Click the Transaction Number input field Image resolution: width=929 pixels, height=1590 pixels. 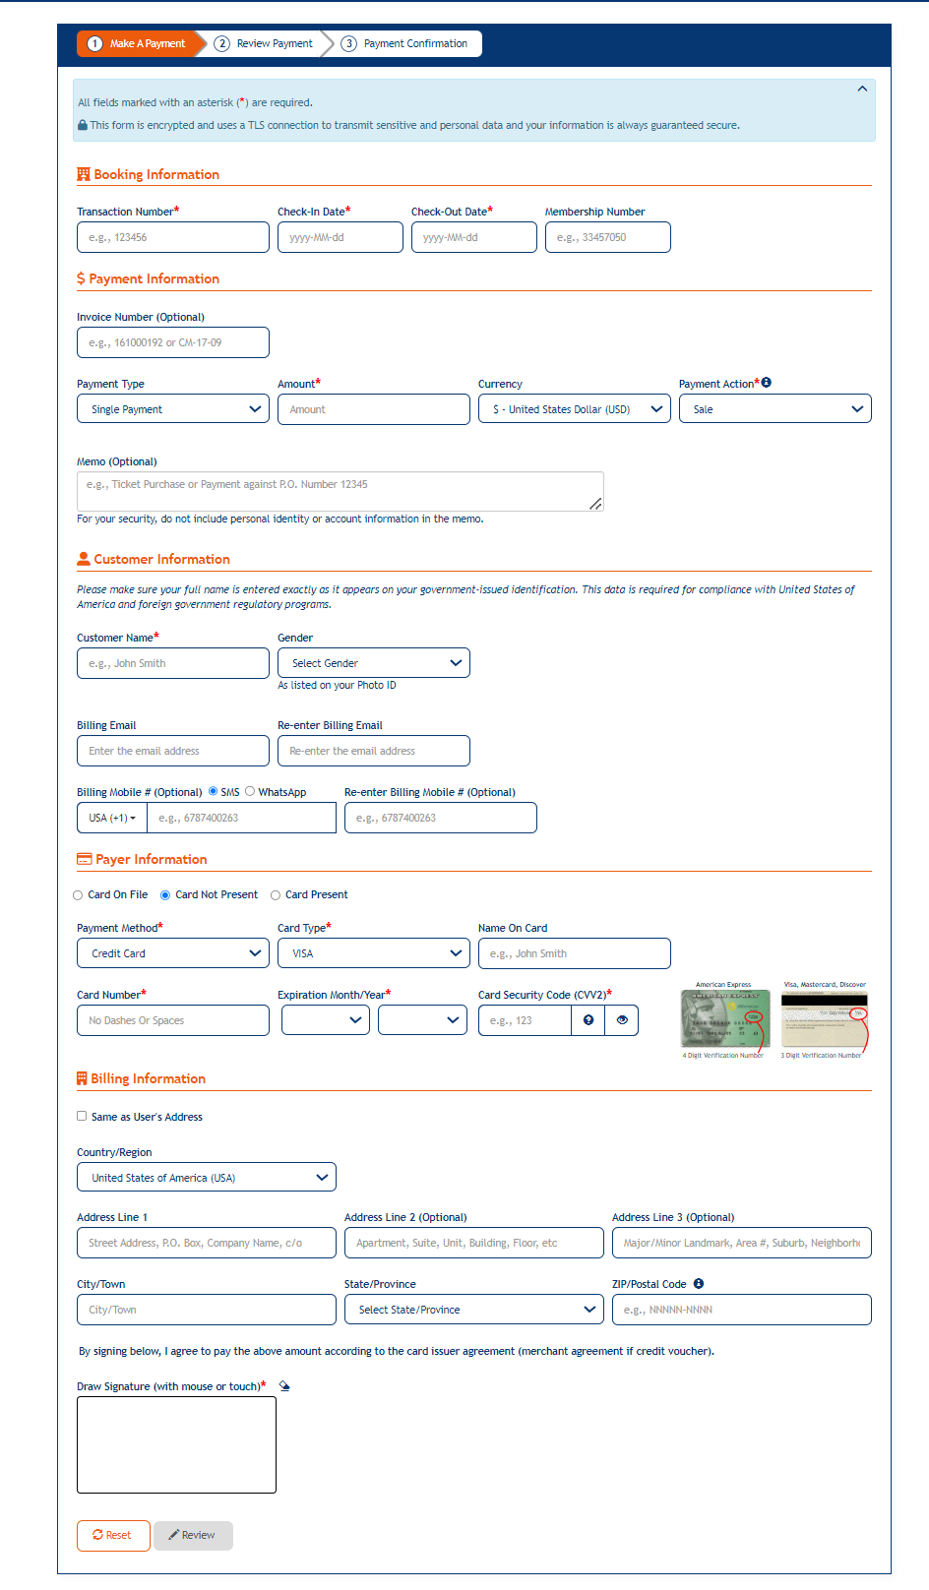[x=172, y=237]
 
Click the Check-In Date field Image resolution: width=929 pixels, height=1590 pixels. [x=340, y=237]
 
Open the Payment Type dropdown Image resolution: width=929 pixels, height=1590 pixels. [x=172, y=409]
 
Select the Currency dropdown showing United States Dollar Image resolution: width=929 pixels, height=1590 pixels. [x=574, y=409]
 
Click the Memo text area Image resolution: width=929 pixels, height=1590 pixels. [x=340, y=490]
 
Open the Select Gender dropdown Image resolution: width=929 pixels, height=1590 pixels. [x=373, y=663]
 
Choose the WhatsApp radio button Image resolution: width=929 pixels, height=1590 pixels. [x=250, y=791]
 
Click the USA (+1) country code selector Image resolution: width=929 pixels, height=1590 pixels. [x=112, y=818]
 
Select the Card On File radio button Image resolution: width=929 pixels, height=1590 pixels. [x=78, y=895]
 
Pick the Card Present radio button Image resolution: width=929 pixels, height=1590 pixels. [x=276, y=895]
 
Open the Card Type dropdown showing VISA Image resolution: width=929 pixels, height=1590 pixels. [x=373, y=953]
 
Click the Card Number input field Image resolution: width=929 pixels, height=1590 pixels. [x=172, y=1020]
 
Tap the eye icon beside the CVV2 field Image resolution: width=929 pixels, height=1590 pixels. [x=622, y=1020]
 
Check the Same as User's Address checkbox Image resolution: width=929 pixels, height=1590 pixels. [x=82, y=1116]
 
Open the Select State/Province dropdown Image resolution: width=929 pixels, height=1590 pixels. [x=473, y=1310]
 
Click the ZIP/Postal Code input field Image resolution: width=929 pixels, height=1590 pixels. [x=741, y=1310]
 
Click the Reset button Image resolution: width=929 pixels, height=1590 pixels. [x=113, y=1535]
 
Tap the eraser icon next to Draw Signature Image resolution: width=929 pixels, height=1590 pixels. [x=284, y=1385]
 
